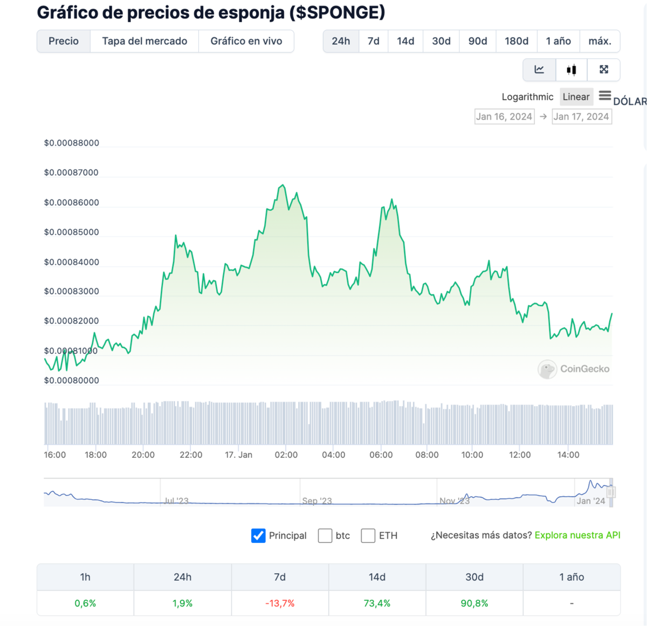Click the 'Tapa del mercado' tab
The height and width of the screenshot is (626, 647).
point(144,41)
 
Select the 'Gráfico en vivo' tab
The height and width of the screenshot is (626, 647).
point(246,41)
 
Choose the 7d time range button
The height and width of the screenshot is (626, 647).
point(373,41)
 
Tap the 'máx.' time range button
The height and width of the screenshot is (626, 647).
point(600,41)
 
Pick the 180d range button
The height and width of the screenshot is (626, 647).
point(516,41)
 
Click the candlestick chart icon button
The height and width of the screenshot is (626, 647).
point(571,70)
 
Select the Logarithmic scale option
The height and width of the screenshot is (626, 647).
point(527,97)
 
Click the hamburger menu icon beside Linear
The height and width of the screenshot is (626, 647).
point(604,95)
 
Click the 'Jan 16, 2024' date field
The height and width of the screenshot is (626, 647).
point(504,116)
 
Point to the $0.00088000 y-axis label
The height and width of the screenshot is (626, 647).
point(72,143)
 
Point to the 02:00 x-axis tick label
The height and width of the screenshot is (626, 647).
point(286,455)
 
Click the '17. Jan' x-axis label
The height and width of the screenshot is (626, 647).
point(238,455)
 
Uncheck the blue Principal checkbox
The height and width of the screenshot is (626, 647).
point(258,535)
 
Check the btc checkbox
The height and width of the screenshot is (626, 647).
point(325,535)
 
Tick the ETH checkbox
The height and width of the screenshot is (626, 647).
point(368,535)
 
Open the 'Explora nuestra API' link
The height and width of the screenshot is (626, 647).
point(577,535)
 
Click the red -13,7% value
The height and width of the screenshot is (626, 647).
point(280,603)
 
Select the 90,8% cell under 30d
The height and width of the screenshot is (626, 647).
point(474,603)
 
